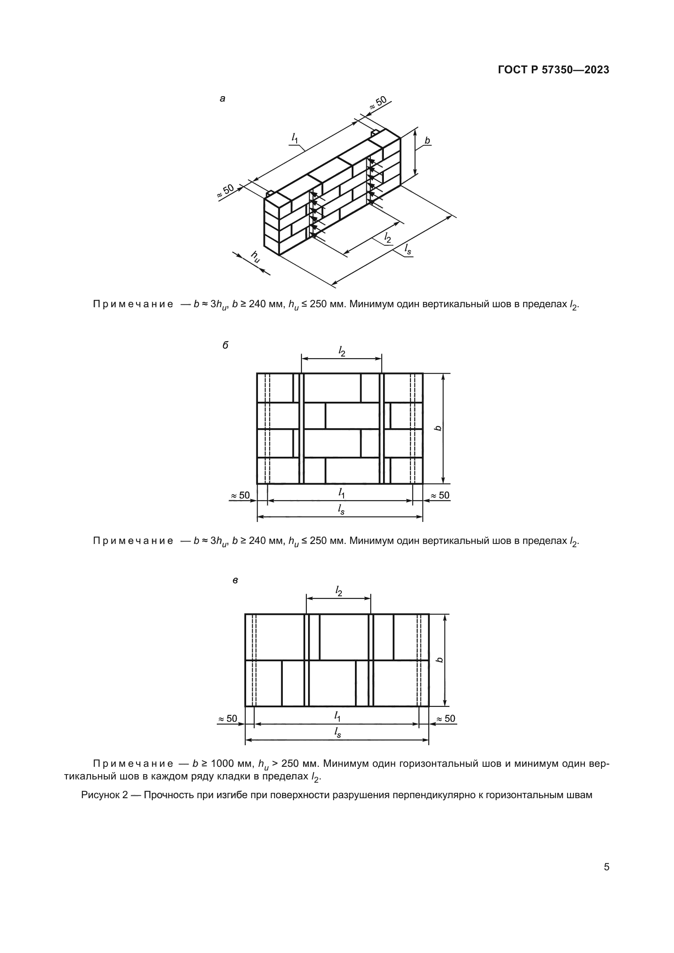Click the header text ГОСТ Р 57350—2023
click(553, 70)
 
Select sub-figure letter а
click(222, 99)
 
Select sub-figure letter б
click(225, 346)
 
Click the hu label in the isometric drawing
click(255, 257)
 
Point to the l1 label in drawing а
click(295, 138)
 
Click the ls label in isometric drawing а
click(408, 249)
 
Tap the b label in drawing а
click(427, 141)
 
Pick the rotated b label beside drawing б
click(439, 428)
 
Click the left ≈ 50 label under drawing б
click(240, 495)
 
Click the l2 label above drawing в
click(339, 592)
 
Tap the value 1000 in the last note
click(222, 763)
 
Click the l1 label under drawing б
click(341, 493)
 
